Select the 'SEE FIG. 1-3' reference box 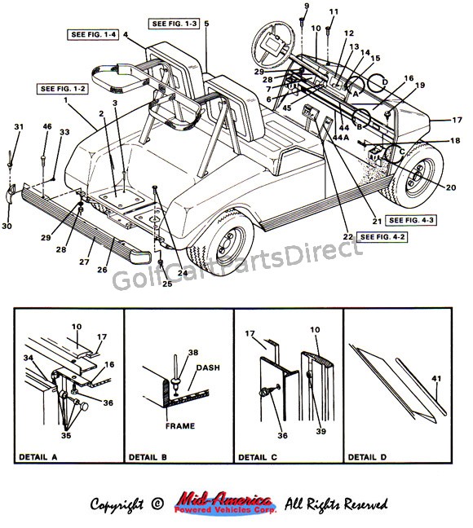click(173, 23)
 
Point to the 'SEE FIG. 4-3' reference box click(411, 220)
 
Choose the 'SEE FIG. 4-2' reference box click(383, 236)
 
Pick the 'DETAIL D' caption click(368, 458)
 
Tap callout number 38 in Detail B click(193, 354)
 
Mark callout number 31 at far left click(20, 126)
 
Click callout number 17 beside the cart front click(458, 120)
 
